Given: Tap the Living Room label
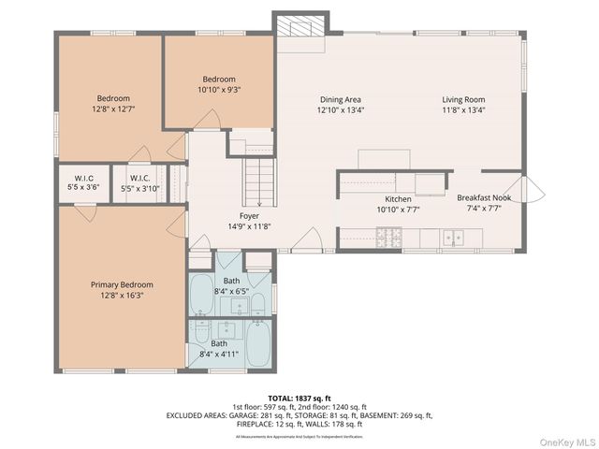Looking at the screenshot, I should (x=464, y=99).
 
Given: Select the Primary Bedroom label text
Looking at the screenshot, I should (x=122, y=284).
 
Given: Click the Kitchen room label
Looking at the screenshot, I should (x=399, y=199).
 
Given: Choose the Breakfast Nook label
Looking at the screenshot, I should (x=484, y=198).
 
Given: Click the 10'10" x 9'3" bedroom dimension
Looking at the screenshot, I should (x=219, y=90).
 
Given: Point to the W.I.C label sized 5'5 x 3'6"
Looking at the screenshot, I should (x=84, y=187).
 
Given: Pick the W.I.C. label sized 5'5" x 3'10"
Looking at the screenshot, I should (x=140, y=187).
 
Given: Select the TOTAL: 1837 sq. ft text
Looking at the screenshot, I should (x=299, y=396).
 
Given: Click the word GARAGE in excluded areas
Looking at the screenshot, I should (x=247, y=414).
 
